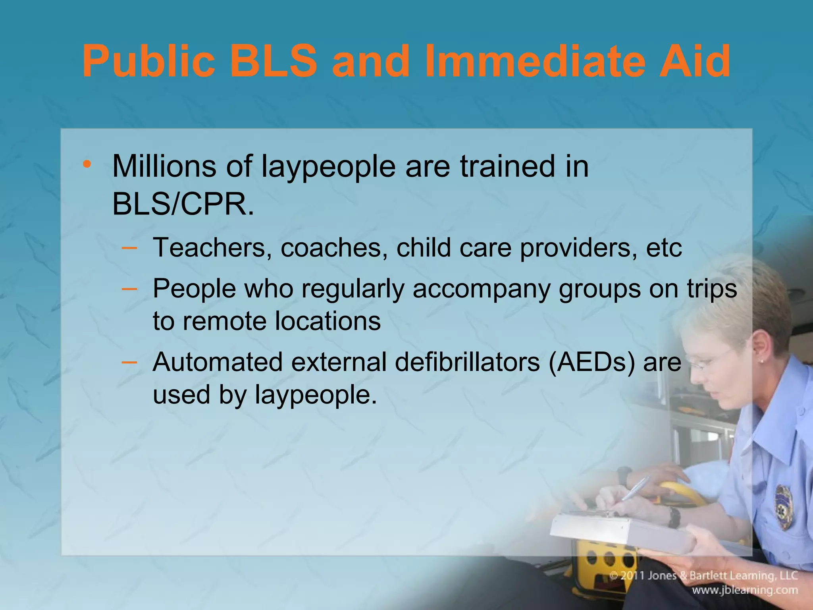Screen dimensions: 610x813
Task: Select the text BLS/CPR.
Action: click(x=183, y=205)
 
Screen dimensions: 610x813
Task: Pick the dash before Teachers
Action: click(x=129, y=248)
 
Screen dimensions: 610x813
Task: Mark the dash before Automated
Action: click(x=129, y=362)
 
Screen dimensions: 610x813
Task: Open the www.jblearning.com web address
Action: click(x=745, y=590)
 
